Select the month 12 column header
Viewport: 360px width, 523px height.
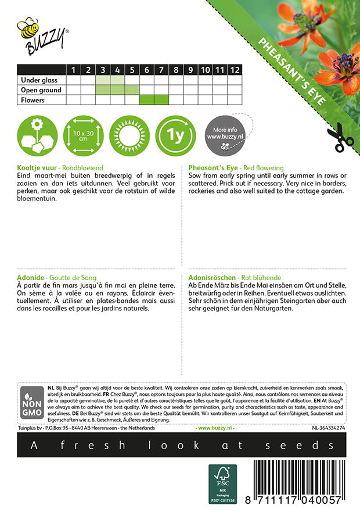234,70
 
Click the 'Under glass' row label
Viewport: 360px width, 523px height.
37,80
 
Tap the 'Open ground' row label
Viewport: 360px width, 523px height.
41,90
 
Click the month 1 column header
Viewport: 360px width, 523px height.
73,70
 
